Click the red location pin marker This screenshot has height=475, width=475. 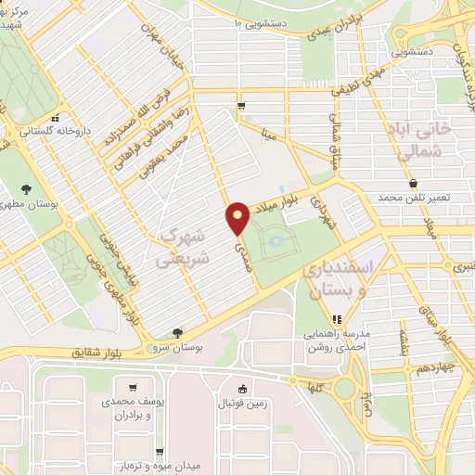[237, 219]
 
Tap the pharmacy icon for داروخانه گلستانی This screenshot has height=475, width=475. [57, 119]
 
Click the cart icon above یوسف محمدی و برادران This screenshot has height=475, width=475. [135, 387]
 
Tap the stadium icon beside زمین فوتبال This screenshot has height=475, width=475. [243, 389]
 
